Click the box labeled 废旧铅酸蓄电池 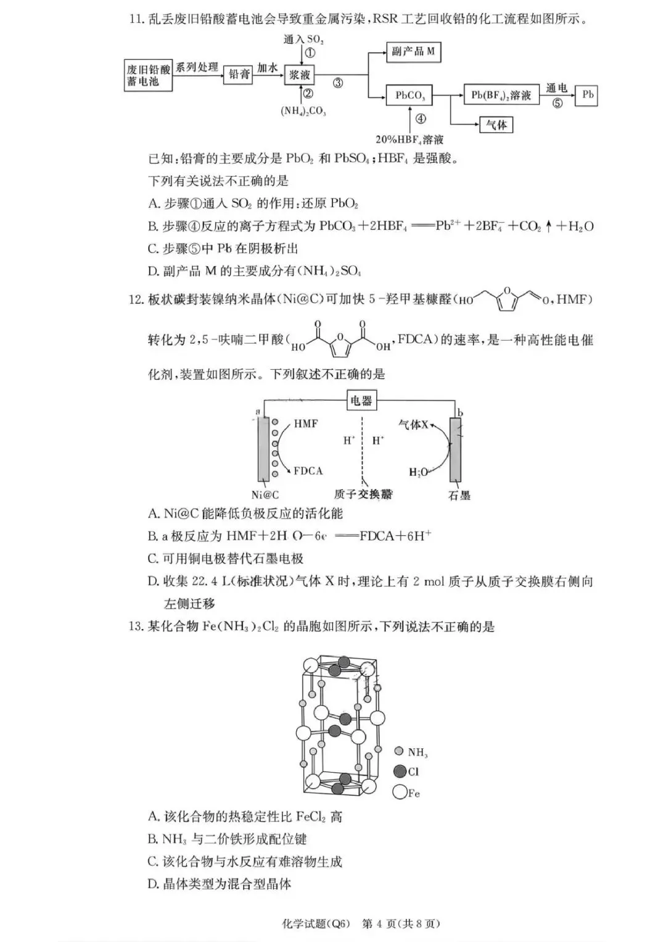tap(148, 75)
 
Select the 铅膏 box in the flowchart tap(239, 74)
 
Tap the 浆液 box tap(300, 75)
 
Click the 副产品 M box tap(413, 52)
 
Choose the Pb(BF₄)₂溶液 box tap(501, 96)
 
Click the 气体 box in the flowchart tap(496, 125)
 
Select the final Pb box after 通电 tap(587, 96)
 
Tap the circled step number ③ tap(338, 83)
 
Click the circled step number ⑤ tap(557, 103)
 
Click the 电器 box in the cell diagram tap(361, 401)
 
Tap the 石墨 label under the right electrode tap(459, 495)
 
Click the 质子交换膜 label tap(363, 494)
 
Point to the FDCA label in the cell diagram tap(308, 471)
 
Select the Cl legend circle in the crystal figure tap(400, 772)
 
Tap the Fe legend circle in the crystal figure tap(400, 792)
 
